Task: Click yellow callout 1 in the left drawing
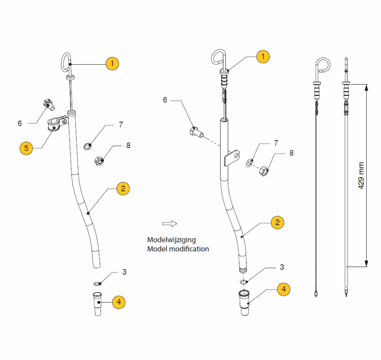coord(112,63)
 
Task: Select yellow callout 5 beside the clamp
coord(27,148)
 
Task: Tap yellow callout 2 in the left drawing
coord(123,189)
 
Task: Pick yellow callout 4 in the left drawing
coord(119,301)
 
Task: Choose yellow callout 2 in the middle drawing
coord(277,222)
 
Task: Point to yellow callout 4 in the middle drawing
coord(283,289)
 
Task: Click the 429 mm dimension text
coord(361,174)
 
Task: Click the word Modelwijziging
coord(171,240)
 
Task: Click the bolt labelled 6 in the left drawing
coord(48,103)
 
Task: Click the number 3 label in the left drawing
coord(124,272)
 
